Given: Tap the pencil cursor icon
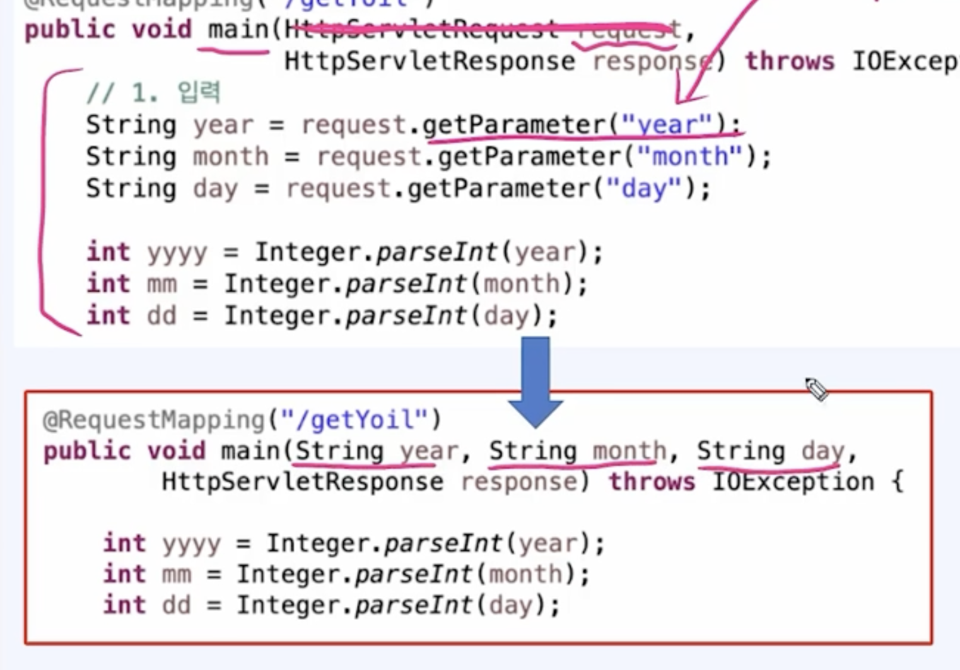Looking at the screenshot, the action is (x=816, y=389).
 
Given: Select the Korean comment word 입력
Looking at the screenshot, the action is (x=199, y=93).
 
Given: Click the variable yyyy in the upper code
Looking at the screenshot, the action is (x=177, y=252).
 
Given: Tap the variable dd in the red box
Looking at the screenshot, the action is (x=176, y=605).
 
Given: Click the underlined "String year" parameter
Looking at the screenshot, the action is (x=377, y=451).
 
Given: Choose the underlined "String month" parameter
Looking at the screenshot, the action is (x=577, y=451).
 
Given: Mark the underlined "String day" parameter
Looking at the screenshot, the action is (x=770, y=451).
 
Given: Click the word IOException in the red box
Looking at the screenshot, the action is (x=793, y=482).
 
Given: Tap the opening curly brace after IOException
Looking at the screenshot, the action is (x=897, y=482).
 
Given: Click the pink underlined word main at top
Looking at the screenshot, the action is (x=238, y=30).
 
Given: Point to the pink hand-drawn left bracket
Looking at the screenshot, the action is (x=43, y=202).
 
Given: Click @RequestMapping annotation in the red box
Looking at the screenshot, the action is (x=153, y=420).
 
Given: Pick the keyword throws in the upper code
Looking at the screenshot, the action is (x=789, y=61).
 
